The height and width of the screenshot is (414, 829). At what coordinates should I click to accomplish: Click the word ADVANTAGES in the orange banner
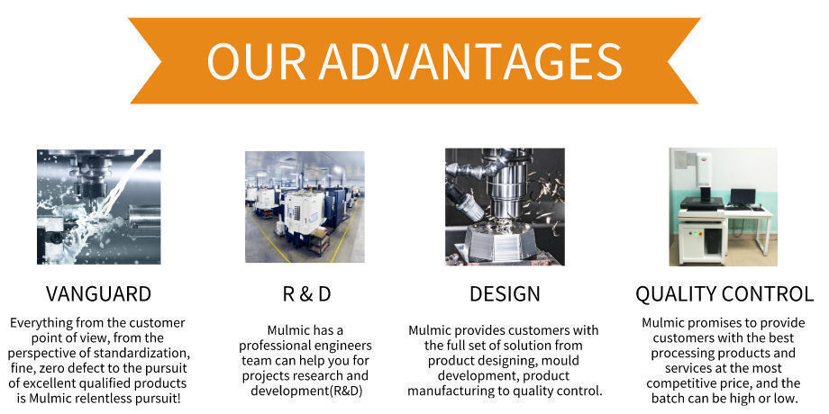pos(470,61)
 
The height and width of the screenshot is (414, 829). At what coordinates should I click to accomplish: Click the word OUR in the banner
pos(257,61)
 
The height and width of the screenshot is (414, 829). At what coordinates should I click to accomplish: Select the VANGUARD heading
pos(98,294)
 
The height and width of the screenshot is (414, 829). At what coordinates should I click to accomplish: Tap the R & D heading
pos(306,294)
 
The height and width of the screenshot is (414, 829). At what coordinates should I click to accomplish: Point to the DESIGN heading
pos(505,294)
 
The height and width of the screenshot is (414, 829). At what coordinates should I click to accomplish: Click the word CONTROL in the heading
pos(767,294)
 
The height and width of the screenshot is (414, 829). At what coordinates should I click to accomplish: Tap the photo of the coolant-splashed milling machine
pos(99,206)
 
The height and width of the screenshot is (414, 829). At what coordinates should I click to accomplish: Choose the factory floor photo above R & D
pos(305,207)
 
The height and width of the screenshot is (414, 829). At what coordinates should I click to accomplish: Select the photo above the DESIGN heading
pos(505,206)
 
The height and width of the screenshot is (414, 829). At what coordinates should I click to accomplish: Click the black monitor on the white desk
pos(742,197)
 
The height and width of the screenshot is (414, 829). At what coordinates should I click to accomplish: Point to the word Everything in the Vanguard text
pos(41,323)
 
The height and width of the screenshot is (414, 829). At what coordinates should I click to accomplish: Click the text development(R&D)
pos(306,391)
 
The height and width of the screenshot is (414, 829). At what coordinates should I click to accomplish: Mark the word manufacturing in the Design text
pos(444,391)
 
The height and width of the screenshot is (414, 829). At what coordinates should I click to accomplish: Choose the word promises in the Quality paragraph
pos(706,323)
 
